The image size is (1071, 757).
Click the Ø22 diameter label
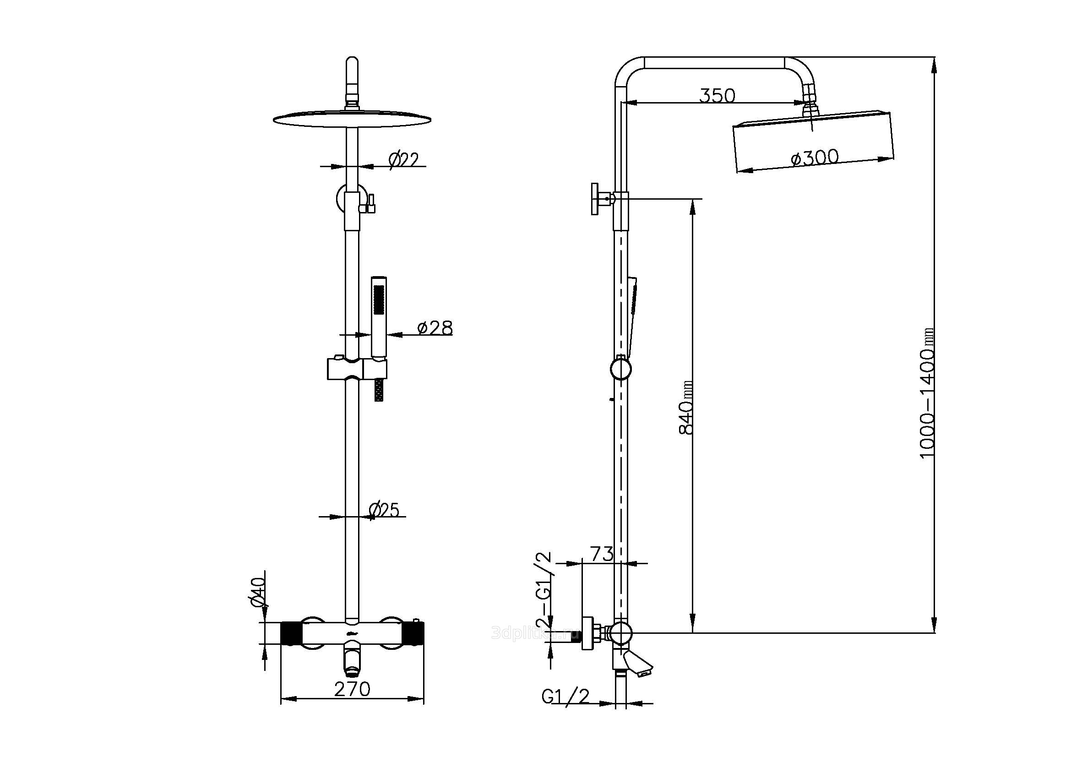[403, 159]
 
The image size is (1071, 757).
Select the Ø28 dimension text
[435, 328]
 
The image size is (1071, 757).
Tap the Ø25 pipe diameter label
[384, 510]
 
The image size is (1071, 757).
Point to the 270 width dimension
[352, 688]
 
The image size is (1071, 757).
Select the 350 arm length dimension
[717, 96]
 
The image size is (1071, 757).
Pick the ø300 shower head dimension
[814, 158]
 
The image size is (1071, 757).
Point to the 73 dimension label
[602, 554]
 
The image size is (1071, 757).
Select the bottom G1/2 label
[565, 709]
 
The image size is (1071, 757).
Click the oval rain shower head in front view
[352, 120]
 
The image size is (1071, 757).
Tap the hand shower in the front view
[379, 317]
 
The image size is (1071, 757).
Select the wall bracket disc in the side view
[595, 199]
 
